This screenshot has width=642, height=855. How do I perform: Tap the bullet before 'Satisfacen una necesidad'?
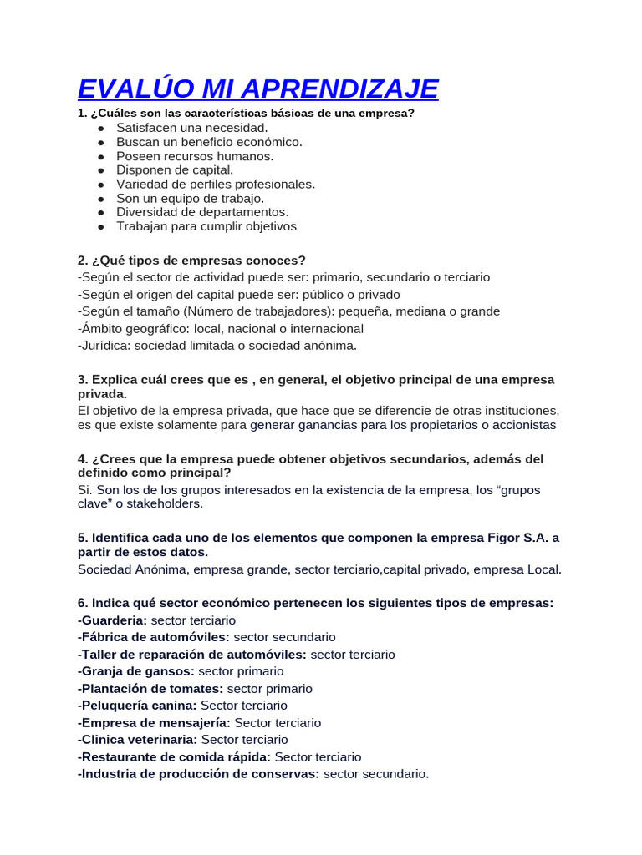tap(101, 129)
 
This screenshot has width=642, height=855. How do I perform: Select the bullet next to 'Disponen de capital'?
tap(101, 170)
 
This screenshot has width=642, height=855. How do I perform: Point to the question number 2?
tap(81, 260)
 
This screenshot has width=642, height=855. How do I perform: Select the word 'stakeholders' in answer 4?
tap(166, 503)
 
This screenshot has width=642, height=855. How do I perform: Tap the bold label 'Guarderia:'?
tap(112, 620)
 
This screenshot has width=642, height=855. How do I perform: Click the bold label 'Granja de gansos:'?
tap(135, 671)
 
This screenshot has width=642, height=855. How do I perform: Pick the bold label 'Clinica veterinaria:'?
tap(137, 740)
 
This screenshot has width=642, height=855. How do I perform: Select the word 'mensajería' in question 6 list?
tap(196, 723)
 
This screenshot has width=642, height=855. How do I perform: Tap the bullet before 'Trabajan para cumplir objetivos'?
tap(101, 226)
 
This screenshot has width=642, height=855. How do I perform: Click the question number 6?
tap(81, 603)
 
